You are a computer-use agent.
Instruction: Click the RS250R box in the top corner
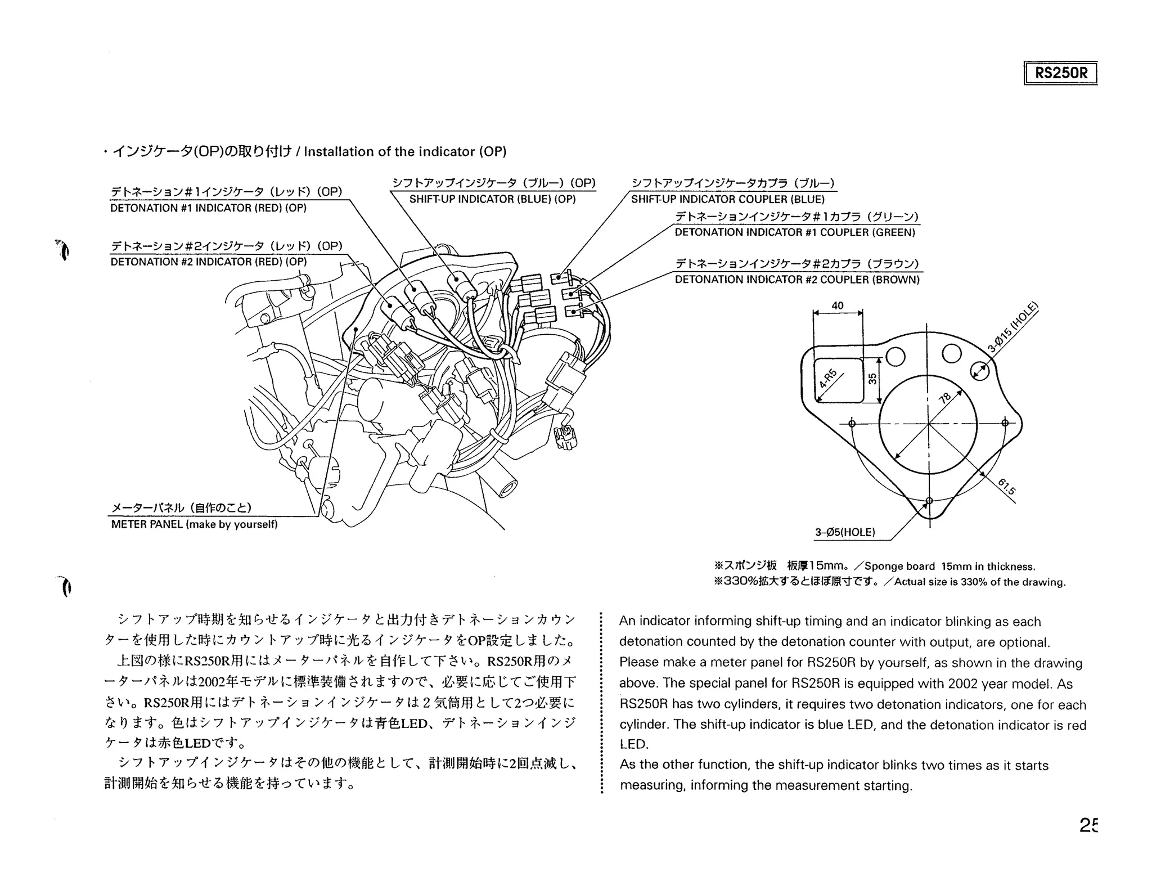pyautogui.click(x=1060, y=73)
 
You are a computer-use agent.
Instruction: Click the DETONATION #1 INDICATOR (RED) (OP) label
pyautogui.click(x=208, y=208)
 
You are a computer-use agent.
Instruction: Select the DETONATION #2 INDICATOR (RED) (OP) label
pyautogui.click(x=208, y=262)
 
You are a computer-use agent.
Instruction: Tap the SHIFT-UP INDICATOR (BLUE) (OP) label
pyautogui.click(x=492, y=200)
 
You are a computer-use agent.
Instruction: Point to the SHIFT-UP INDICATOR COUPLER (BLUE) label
pyautogui.click(x=727, y=200)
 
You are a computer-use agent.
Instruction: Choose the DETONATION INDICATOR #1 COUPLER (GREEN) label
pyautogui.click(x=795, y=232)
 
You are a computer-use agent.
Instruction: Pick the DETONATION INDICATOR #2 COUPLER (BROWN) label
pyautogui.click(x=797, y=280)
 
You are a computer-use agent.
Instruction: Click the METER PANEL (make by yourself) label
pyautogui.click(x=194, y=525)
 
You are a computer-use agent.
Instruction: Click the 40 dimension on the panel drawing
pyautogui.click(x=838, y=305)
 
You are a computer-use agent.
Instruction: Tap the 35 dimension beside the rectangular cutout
pyautogui.click(x=872, y=379)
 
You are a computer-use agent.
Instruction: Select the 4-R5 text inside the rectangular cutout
pyautogui.click(x=828, y=379)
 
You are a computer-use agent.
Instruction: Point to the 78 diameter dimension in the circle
pyautogui.click(x=945, y=398)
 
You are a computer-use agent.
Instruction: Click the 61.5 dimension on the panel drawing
pyautogui.click(x=1006, y=487)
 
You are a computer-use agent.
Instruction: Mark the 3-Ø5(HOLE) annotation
pyautogui.click(x=845, y=532)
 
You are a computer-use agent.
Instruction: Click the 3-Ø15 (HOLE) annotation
pyautogui.click(x=1012, y=329)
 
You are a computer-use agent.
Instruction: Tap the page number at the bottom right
pyautogui.click(x=1088, y=825)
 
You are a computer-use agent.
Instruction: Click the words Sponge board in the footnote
pyautogui.click(x=899, y=567)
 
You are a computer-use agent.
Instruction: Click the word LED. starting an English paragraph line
pyautogui.click(x=633, y=744)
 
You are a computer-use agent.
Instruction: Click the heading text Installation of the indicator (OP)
pyautogui.click(x=405, y=152)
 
